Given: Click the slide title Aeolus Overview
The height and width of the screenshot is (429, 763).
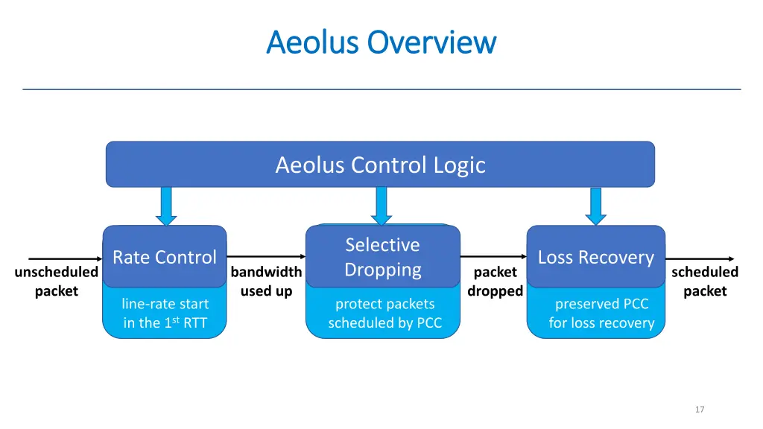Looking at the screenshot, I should pos(381,42).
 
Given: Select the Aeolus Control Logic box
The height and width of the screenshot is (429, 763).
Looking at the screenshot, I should pos(380,165).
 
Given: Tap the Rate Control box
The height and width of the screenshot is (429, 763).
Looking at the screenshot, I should pos(164,257).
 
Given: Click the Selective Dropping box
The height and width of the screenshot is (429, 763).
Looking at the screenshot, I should pos(382,257).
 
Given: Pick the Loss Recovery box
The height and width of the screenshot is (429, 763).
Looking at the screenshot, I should pos(595,257).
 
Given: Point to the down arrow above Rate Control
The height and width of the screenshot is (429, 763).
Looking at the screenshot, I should pos(167,206).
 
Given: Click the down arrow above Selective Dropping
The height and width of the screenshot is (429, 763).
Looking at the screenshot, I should pos(381,206).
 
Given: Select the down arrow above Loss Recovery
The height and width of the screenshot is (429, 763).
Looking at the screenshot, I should pos(595,206).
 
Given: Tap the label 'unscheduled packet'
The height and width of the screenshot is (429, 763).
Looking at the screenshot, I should pos(56,282).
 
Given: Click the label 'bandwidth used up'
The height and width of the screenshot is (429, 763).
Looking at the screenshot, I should pos(266,282).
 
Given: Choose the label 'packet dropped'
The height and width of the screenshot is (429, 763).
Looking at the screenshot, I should pos(495,282).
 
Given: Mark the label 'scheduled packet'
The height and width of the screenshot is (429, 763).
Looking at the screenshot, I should pos(704,282).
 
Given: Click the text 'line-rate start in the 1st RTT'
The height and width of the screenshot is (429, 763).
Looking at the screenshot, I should pos(165,314).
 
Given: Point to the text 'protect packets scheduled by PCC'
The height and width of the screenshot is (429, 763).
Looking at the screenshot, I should pos(384,314).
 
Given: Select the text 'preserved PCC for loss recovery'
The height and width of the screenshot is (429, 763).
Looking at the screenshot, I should pos(601,314).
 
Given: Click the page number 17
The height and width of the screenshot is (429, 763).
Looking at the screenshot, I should pos(699,409).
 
